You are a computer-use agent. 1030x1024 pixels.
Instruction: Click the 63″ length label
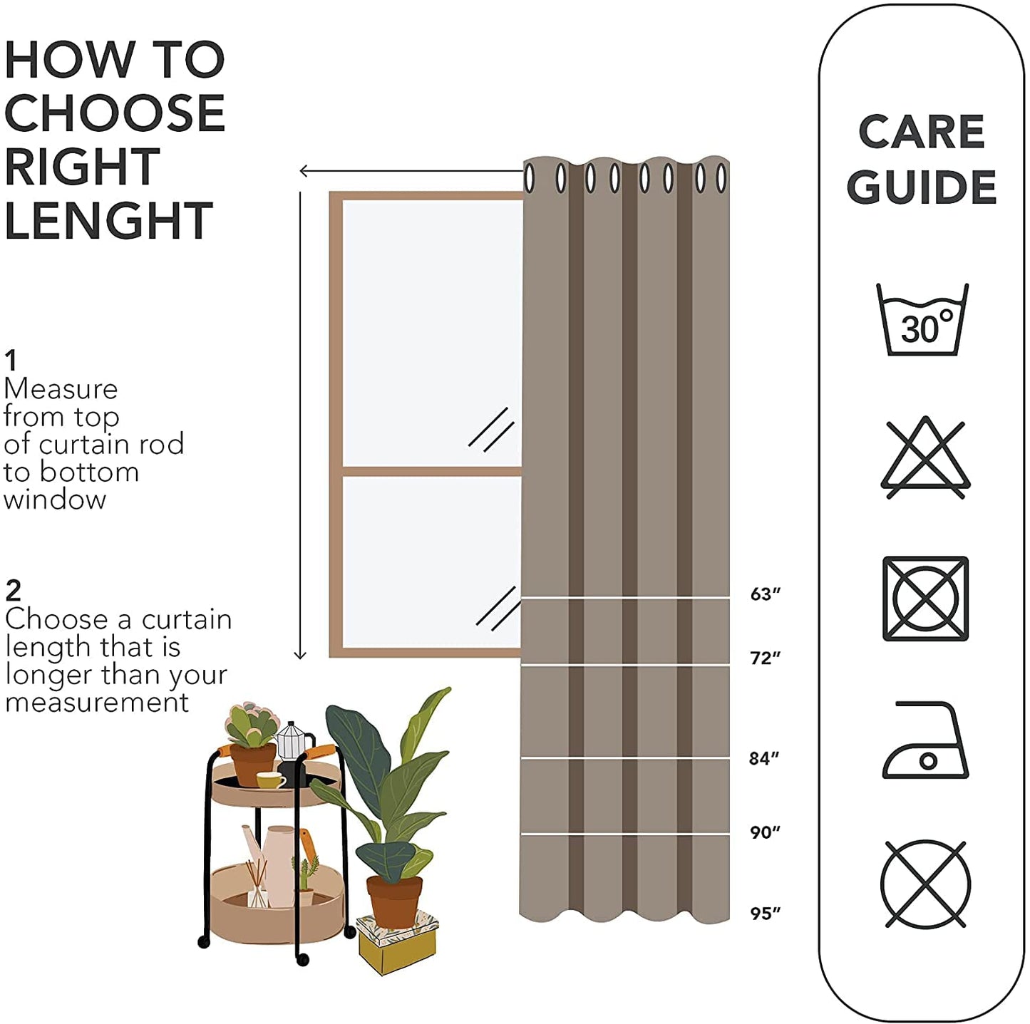(765, 594)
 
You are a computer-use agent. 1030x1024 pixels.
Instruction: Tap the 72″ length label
(765, 658)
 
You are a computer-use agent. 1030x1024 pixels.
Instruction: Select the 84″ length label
(763, 758)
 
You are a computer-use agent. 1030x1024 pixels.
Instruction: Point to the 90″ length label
(765, 832)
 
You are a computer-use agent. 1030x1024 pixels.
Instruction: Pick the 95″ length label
(765, 913)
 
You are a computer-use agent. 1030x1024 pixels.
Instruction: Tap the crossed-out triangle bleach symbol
(925, 458)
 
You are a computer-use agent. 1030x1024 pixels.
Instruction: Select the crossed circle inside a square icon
(925, 598)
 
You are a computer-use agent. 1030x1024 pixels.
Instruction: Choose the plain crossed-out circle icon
(925, 884)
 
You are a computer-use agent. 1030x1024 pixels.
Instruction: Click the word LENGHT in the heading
(108, 220)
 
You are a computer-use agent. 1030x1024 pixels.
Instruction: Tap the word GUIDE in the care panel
(921, 187)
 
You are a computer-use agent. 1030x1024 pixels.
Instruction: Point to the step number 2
(13, 591)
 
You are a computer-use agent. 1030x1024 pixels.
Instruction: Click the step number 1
(10, 360)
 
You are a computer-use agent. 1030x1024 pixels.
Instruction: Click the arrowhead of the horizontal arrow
(304, 170)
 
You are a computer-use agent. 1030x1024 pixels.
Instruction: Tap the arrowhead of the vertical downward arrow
(300, 654)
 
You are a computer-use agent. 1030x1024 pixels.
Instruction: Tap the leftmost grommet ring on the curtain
(530, 178)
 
